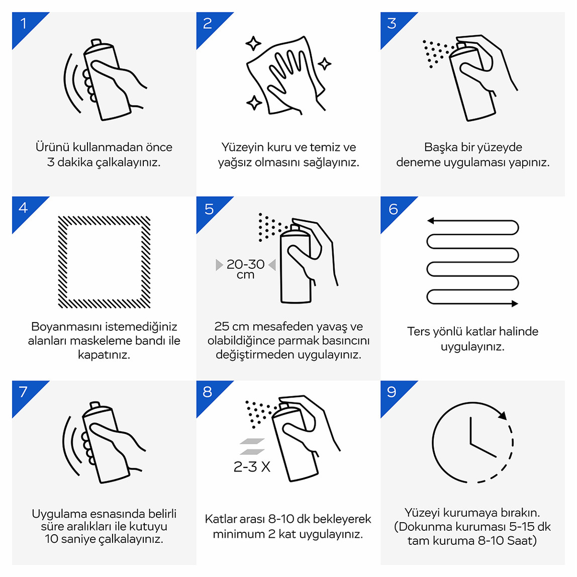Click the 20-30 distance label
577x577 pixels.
[x=245, y=264]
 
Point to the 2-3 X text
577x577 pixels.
[x=252, y=466]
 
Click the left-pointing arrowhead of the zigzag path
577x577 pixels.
[x=431, y=221]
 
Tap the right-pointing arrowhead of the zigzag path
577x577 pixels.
[x=515, y=304]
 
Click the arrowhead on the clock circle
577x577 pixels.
[x=503, y=415]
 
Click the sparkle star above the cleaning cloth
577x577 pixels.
[x=253, y=44]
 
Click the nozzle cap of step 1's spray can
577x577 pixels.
[x=95, y=42]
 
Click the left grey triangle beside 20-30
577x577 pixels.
[x=219, y=264]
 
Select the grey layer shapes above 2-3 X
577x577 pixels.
[x=252, y=446]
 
